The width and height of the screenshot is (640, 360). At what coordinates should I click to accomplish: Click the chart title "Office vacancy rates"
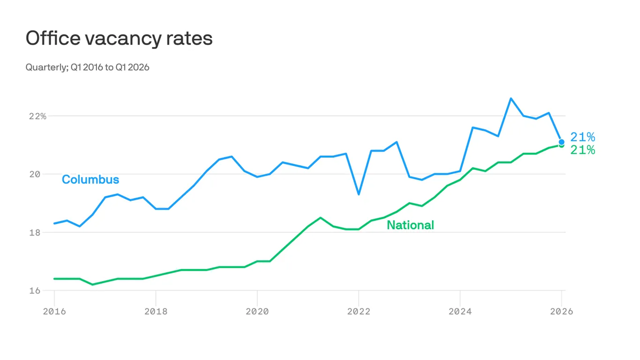[119, 38]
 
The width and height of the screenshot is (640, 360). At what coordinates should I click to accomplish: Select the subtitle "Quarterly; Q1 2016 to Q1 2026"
[87, 67]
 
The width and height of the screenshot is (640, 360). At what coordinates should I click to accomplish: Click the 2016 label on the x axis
[54, 311]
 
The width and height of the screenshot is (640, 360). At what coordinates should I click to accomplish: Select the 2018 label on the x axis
[155, 311]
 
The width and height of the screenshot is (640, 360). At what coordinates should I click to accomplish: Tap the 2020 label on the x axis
[257, 311]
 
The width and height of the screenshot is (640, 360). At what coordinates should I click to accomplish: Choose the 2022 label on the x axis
[358, 311]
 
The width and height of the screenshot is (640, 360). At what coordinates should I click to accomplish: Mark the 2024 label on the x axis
[460, 311]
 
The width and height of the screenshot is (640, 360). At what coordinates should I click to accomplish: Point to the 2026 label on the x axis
[561, 311]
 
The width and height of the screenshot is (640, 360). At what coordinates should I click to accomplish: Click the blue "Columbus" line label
[90, 179]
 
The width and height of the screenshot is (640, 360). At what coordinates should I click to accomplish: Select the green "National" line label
[410, 225]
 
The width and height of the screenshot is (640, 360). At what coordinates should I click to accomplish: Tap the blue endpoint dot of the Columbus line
[561, 142]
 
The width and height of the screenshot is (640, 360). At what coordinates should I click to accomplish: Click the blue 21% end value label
[582, 137]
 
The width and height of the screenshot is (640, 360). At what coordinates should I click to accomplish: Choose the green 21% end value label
[582, 150]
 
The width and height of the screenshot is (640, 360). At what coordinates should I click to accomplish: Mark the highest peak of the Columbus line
[510, 98]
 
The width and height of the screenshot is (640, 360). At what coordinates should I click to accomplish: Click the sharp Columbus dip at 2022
[358, 194]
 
